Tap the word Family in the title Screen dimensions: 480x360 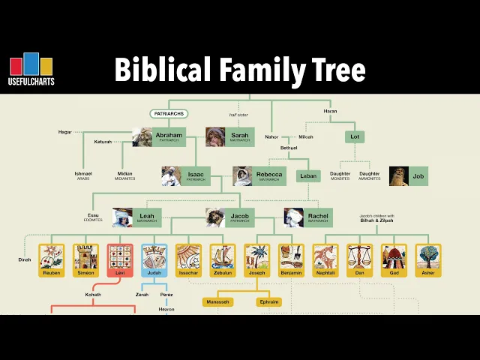coord(257,70)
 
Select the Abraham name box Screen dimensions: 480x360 coord(168,136)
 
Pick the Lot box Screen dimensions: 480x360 coord(354,136)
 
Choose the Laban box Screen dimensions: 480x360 coord(307,176)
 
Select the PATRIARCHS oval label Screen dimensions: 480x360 coord(169,114)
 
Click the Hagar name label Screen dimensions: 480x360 coord(65,132)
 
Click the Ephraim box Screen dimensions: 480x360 coord(268,301)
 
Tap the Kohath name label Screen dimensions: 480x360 coord(93,295)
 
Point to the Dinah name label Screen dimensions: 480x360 coord(25,259)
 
